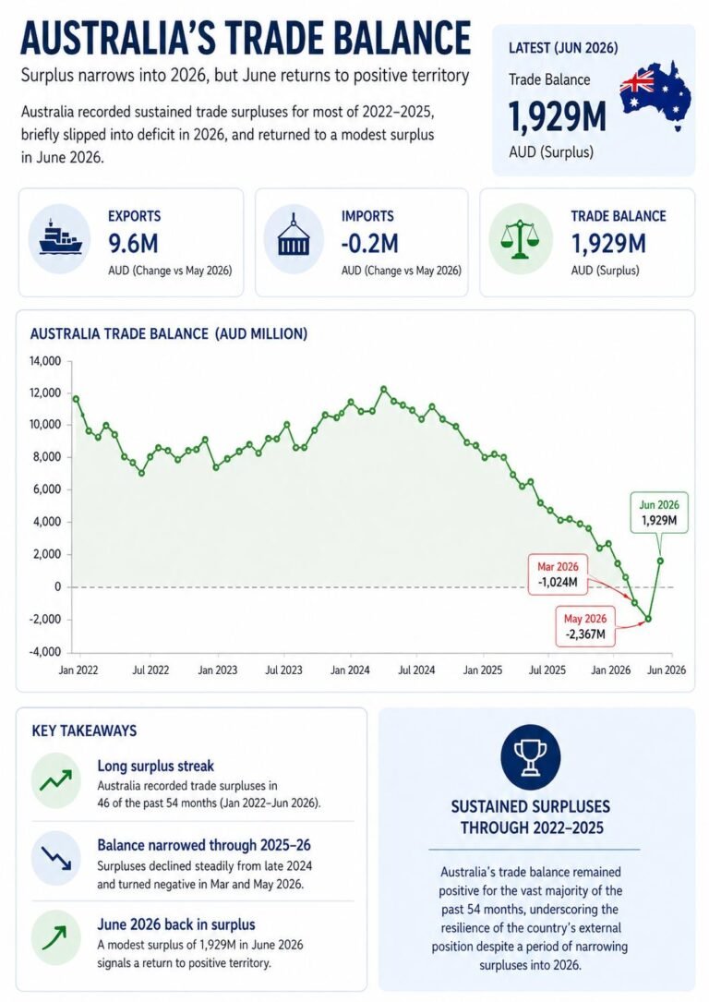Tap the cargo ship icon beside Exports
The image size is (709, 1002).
(60, 237)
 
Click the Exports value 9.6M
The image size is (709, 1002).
(133, 244)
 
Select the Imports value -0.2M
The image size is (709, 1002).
(370, 244)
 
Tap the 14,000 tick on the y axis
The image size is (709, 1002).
(45, 361)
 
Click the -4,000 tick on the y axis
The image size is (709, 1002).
(44, 652)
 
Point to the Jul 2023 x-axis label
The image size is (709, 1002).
(283, 670)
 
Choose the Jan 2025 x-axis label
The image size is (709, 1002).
(483, 670)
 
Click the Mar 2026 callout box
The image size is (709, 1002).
(558, 575)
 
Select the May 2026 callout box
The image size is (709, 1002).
(584, 628)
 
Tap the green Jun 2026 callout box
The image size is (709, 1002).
(659, 513)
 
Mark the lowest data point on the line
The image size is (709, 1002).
(648, 619)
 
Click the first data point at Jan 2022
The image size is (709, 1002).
(76, 399)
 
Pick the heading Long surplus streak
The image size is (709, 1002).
(156, 766)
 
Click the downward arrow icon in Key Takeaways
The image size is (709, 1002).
(56, 858)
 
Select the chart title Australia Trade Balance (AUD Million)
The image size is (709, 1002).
(169, 333)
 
